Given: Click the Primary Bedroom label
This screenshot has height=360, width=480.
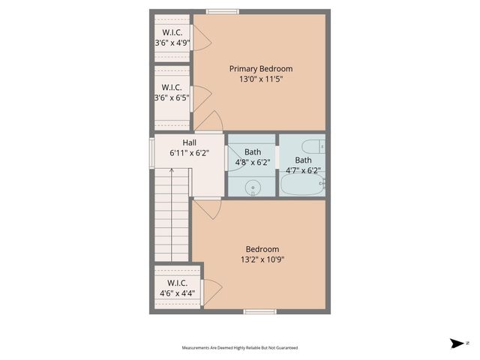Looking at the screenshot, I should [260, 68].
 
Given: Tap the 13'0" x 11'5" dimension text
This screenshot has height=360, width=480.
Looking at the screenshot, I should [260, 79].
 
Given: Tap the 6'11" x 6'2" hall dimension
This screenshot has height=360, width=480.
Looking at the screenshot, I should [190, 152].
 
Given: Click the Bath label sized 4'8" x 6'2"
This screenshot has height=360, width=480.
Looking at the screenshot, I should [253, 152].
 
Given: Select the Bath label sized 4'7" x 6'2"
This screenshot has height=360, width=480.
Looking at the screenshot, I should [303, 160].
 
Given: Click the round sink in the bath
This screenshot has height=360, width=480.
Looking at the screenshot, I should [253, 187].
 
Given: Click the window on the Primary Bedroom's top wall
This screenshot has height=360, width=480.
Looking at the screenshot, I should [223, 11].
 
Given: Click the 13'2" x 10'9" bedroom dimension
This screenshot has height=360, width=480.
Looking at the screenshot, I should [262, 259].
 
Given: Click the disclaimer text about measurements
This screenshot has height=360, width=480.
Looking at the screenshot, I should [239, 347].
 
